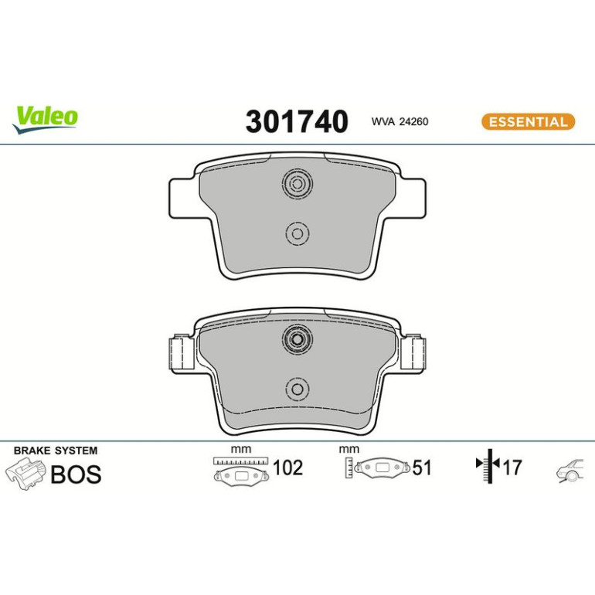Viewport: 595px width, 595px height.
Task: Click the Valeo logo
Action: (45, 120)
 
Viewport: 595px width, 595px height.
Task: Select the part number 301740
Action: (297, 121)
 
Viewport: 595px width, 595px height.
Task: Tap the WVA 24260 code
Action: (399, 121)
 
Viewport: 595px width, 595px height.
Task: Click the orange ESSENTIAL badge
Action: (528, 122)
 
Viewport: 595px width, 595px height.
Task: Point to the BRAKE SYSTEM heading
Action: (56, 450)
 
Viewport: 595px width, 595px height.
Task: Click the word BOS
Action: (76, 474)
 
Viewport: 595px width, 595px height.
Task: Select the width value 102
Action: (287, 467)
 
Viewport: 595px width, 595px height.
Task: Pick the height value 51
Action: (422, 467)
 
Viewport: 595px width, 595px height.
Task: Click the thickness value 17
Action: (512, 467)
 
